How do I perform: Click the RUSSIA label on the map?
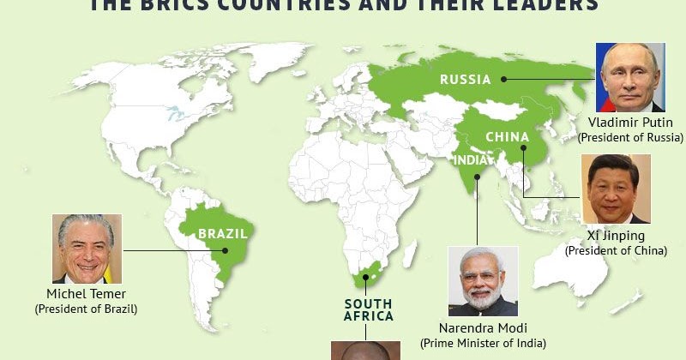coord(466,80)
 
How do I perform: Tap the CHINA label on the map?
coord(507,136)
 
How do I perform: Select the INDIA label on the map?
coord(470,159)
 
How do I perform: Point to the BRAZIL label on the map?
coord(223,232)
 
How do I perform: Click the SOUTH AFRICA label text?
coord(369,309)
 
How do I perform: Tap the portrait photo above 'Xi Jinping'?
coord(617,189)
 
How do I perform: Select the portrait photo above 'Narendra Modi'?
coord(484,281)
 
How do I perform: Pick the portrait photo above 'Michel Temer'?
coord(87,249)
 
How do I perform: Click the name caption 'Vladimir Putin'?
coord(630,123)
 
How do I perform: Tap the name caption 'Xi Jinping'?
coord(616,236)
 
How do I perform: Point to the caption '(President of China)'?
coord(616,250)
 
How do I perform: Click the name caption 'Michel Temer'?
coord(86,294)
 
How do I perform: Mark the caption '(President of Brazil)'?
coord(86,309)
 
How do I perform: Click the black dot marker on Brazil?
coord(226,250)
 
